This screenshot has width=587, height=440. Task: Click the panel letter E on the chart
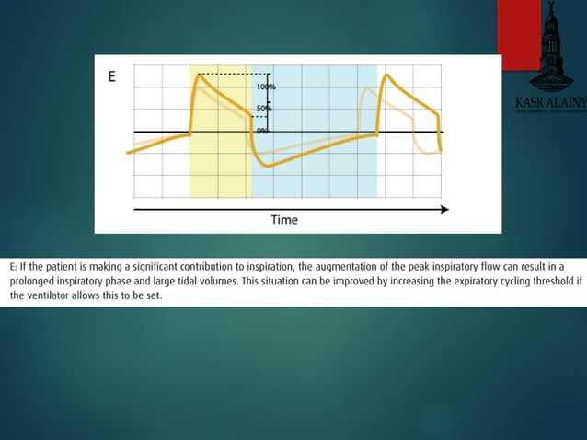pyautogui.click(x=112, y=77)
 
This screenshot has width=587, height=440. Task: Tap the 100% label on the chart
pyautogui.click(x=266, y=87)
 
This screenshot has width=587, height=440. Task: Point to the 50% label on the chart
pyautogui.click(x=264, y=109)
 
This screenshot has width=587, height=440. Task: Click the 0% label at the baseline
pyautogui.click(x=262, y=132)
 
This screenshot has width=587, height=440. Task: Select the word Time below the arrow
pyautogui.click(x=284, y=220)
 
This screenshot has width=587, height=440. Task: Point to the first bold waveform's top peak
pyautogui.click(x=198, y=75)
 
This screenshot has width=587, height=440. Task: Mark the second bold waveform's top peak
pyautogui.click(x=386, y=75)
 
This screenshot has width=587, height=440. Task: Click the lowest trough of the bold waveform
pyautogui.click(x=263, y=166)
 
